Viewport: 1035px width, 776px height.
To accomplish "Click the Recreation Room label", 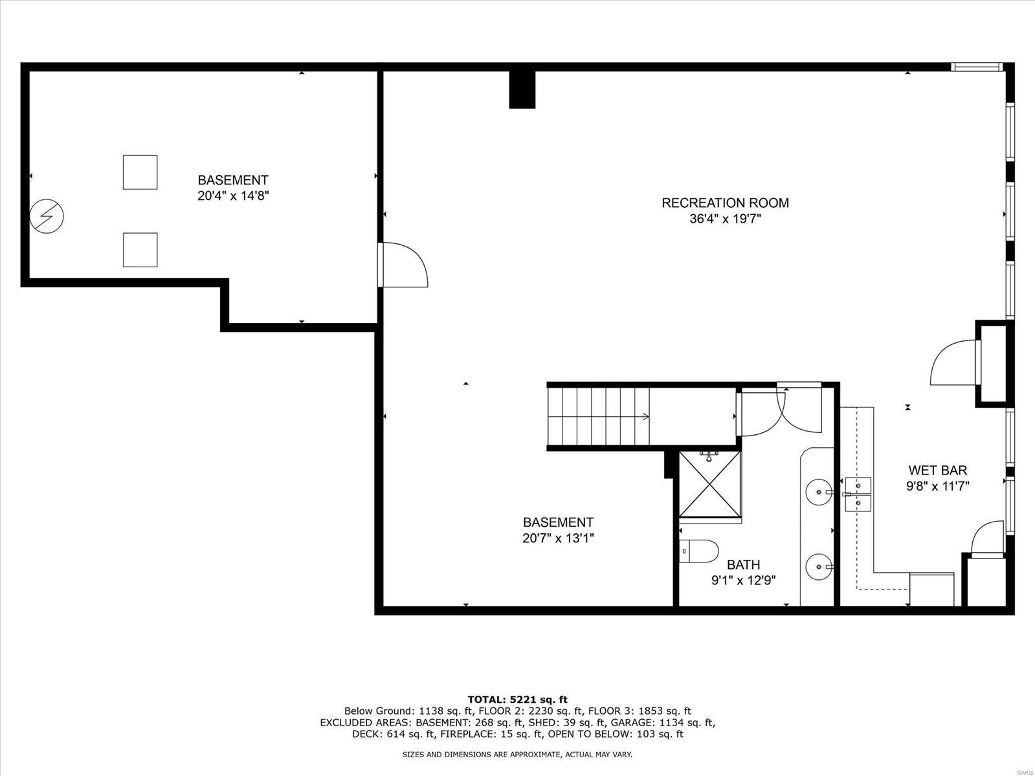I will [725, 203].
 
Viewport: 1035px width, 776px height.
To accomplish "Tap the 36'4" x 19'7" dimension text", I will [725, 219].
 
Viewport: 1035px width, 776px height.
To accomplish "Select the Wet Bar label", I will [937, 471].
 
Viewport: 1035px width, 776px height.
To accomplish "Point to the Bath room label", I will [743, 564].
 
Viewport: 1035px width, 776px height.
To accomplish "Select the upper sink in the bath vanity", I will [819, 492].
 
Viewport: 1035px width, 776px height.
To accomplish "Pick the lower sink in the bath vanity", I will [819, 567].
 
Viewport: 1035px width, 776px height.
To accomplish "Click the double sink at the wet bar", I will [858, 494].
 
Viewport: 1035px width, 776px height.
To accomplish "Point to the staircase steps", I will [599, 416].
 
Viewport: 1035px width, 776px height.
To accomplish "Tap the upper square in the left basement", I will [140, 172].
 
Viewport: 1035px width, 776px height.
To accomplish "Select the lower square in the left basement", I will [140, 250].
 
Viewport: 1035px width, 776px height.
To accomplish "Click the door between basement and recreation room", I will [403, 265].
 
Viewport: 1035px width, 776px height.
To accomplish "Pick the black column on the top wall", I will [522, 89].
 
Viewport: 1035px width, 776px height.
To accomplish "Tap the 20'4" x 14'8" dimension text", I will [233, 196].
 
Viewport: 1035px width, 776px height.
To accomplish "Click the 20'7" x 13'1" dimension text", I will [558, 538].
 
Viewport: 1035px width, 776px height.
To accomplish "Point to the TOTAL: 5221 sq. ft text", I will [517, 699].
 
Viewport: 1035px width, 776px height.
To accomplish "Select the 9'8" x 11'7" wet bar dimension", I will [937, 487].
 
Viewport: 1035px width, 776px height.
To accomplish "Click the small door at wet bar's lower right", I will [986, 539].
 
